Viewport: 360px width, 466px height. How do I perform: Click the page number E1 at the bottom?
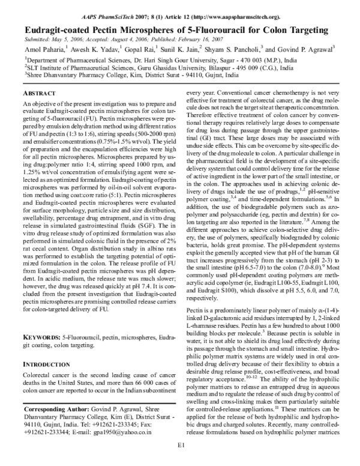tap(180, 461)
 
